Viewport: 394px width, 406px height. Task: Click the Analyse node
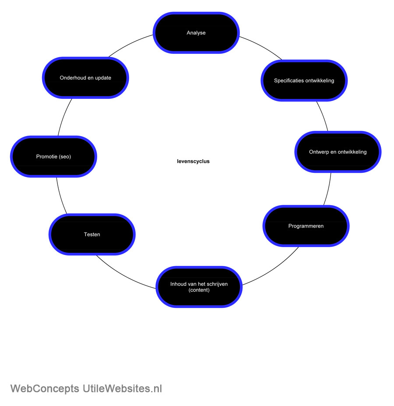click(x=196, y=33)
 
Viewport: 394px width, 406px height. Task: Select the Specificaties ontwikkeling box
click(x=304, y=80)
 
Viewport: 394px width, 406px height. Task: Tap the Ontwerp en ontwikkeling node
click(x=338, y=152)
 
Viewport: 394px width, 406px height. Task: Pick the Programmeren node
click(x=306, y=226)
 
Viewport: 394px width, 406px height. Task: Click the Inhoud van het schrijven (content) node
click(x=199, y=287)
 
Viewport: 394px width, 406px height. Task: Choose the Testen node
click(x=92, y=234)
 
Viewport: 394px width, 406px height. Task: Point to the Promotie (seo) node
click(x=53, y=157)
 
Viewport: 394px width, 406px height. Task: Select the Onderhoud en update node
click(x=85, y=78)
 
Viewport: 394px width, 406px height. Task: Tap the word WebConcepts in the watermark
click(x=45, y=388)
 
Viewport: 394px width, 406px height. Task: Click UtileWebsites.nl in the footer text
click(x=122, y=388)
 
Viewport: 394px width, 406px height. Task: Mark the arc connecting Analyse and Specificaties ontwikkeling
click(x=261, y=47)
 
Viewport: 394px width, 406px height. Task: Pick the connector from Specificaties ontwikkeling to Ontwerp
click(x=323, y=116)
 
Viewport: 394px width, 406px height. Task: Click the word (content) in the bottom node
click(x=199, y=290)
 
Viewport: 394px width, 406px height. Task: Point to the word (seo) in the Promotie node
click(x=65, y=157)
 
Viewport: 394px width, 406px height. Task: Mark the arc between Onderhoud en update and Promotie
click(x=64, y=117)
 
